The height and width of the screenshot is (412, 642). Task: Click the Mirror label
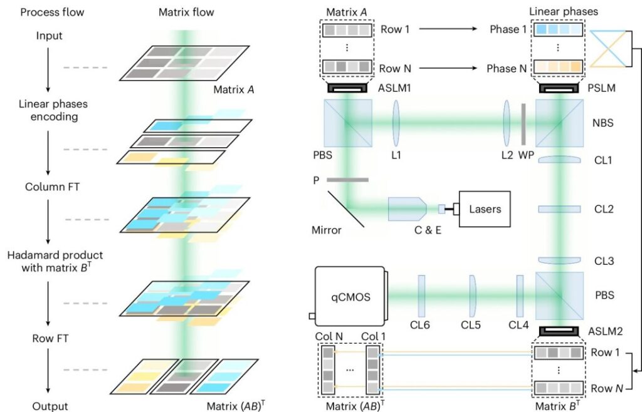click(x=327, y=230)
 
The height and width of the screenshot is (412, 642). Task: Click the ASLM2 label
click(x=604, y=331)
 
